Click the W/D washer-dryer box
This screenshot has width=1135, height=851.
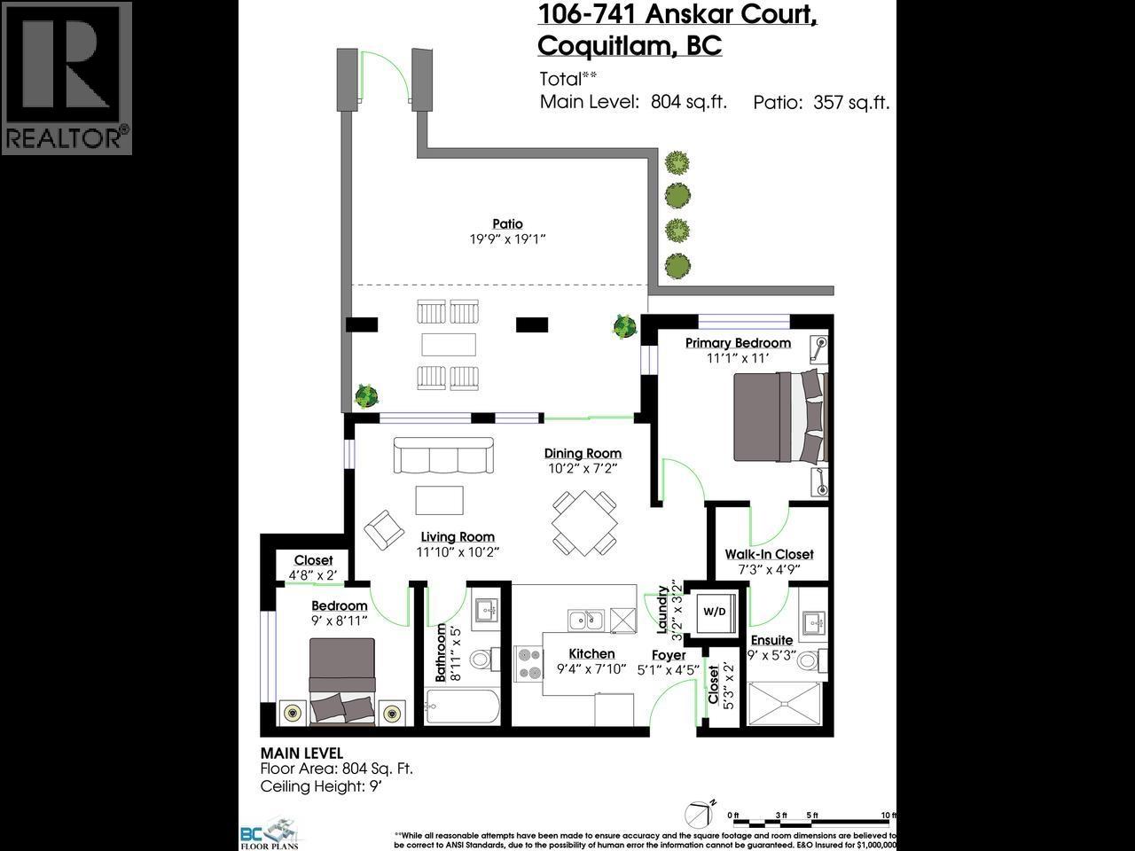714,612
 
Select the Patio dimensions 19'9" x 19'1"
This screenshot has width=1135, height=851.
507,238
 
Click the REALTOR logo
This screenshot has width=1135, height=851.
67,78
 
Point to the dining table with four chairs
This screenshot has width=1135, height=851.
584,523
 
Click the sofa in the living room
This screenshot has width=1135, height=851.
443,456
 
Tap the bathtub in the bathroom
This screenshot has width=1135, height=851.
462,707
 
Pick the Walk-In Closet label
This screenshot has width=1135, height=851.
769,554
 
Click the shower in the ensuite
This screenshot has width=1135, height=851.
787,704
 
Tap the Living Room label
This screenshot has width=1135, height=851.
458,536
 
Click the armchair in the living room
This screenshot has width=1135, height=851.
383,528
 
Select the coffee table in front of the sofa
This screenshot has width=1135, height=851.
439,499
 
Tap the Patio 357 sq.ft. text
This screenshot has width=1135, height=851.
820,102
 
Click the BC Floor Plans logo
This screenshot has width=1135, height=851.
270,834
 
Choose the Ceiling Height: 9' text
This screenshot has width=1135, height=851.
324,786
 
